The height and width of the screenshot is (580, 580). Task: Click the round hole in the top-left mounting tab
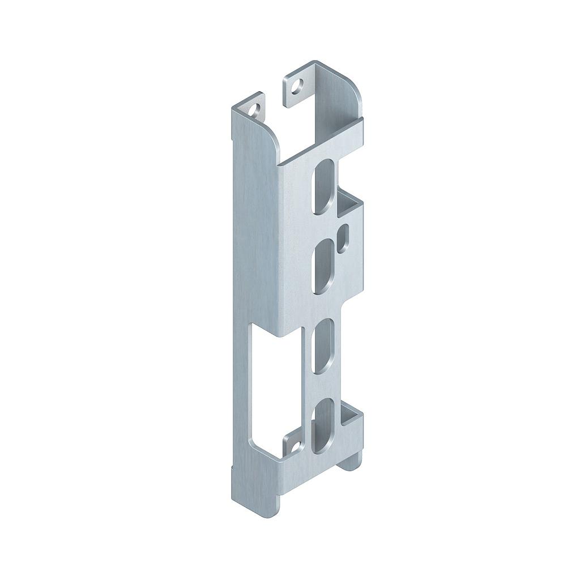[x=257, y=108]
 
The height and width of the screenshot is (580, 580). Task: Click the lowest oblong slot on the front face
[x=325, y=425]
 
